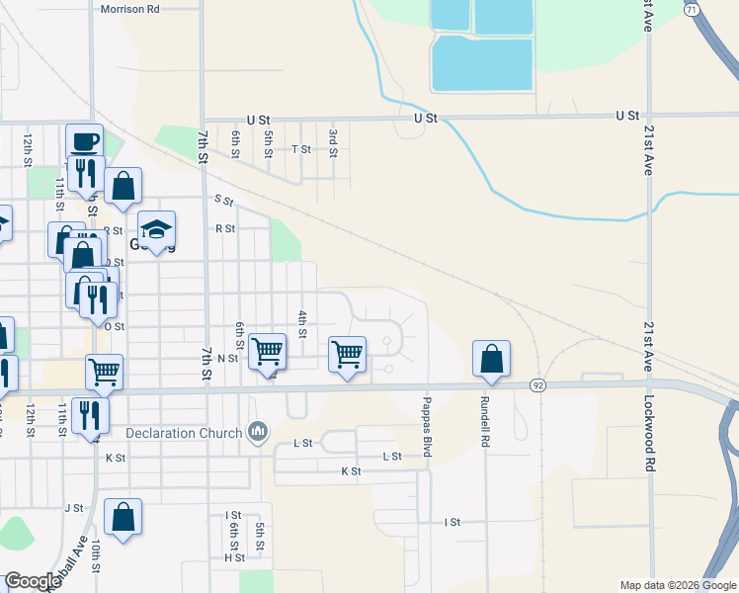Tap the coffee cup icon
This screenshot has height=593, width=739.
[84, 141]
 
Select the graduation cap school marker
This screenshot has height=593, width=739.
[156, 229]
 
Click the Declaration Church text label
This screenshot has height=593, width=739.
[184, 433]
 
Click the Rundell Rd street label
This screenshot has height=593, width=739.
[485, 418]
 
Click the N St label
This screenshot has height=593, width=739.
[228, 358]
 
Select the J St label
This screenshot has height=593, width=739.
[73, 508]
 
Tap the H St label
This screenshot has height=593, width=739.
[234, 557]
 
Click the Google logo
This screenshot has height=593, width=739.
[33, 581]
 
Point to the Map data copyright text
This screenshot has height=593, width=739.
[677, 585]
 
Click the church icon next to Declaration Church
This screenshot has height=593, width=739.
[258, 431]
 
